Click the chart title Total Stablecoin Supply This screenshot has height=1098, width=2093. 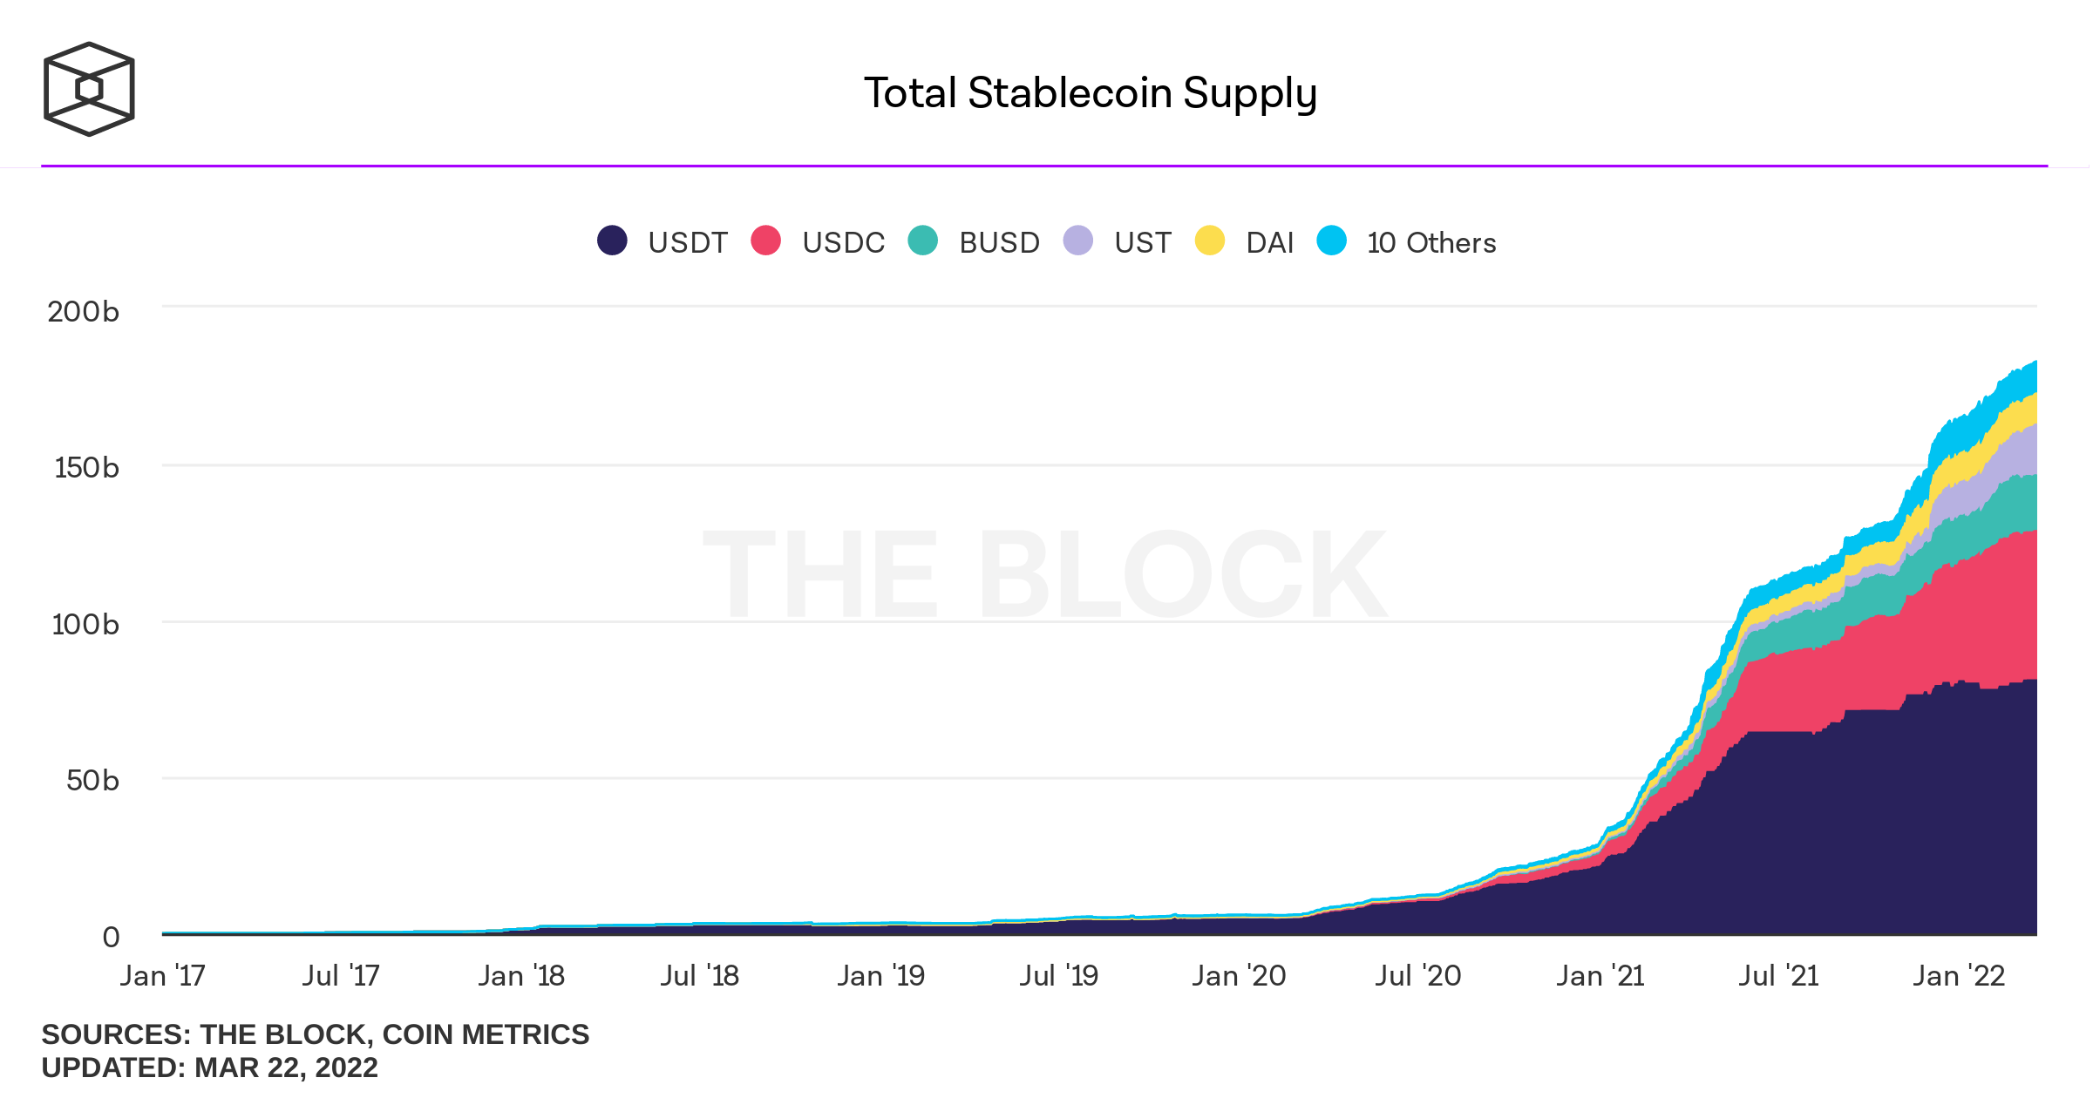pos(1090,93)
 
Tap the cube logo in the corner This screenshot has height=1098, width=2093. pos(89,89)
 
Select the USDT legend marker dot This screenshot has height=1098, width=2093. pos(612,241)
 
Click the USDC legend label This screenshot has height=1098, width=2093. pos(843,242)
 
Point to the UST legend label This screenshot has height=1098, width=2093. pos(1142,242)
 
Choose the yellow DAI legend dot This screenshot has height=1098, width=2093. pos(1210,241)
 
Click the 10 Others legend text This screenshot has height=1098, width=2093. pos(1431,242)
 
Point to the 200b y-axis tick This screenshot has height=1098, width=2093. pos(83,312)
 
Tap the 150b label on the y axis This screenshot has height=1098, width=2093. pos(86,468)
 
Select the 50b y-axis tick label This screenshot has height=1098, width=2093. pos(92,780)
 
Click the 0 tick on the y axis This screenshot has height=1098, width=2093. pos(111,937)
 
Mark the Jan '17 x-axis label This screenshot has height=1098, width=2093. pos(163,975)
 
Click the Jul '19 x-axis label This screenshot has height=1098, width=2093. pos(1059,975)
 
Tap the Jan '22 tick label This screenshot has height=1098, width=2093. pos(1959,975)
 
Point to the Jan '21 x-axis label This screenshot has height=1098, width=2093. pos(1600,975)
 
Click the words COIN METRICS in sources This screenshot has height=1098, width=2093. pos(486,1034)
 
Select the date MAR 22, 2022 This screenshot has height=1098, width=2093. pos(286,1067)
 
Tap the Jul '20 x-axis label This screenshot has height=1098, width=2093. pos(1418,975)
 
